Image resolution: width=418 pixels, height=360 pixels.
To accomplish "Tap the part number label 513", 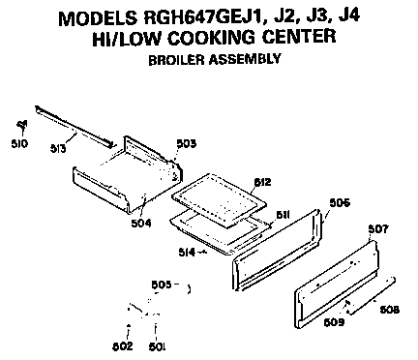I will (x=59, y=149).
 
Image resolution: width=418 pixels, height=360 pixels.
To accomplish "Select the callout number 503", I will (x=187, y=143).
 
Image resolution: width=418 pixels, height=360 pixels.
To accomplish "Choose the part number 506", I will (x=340, y=203).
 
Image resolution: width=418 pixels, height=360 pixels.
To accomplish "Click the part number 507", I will (x=378, y=229).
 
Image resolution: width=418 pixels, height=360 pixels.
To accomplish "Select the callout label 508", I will (x=389, y=311).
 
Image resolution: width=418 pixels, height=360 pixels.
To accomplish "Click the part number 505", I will (x=164, y=285).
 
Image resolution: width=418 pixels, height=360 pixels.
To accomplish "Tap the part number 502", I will (x=123, y=345).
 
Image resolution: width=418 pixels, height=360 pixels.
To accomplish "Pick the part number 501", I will (x=156, y=345).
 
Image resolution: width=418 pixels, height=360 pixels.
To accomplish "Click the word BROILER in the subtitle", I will (x=175, y=58).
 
